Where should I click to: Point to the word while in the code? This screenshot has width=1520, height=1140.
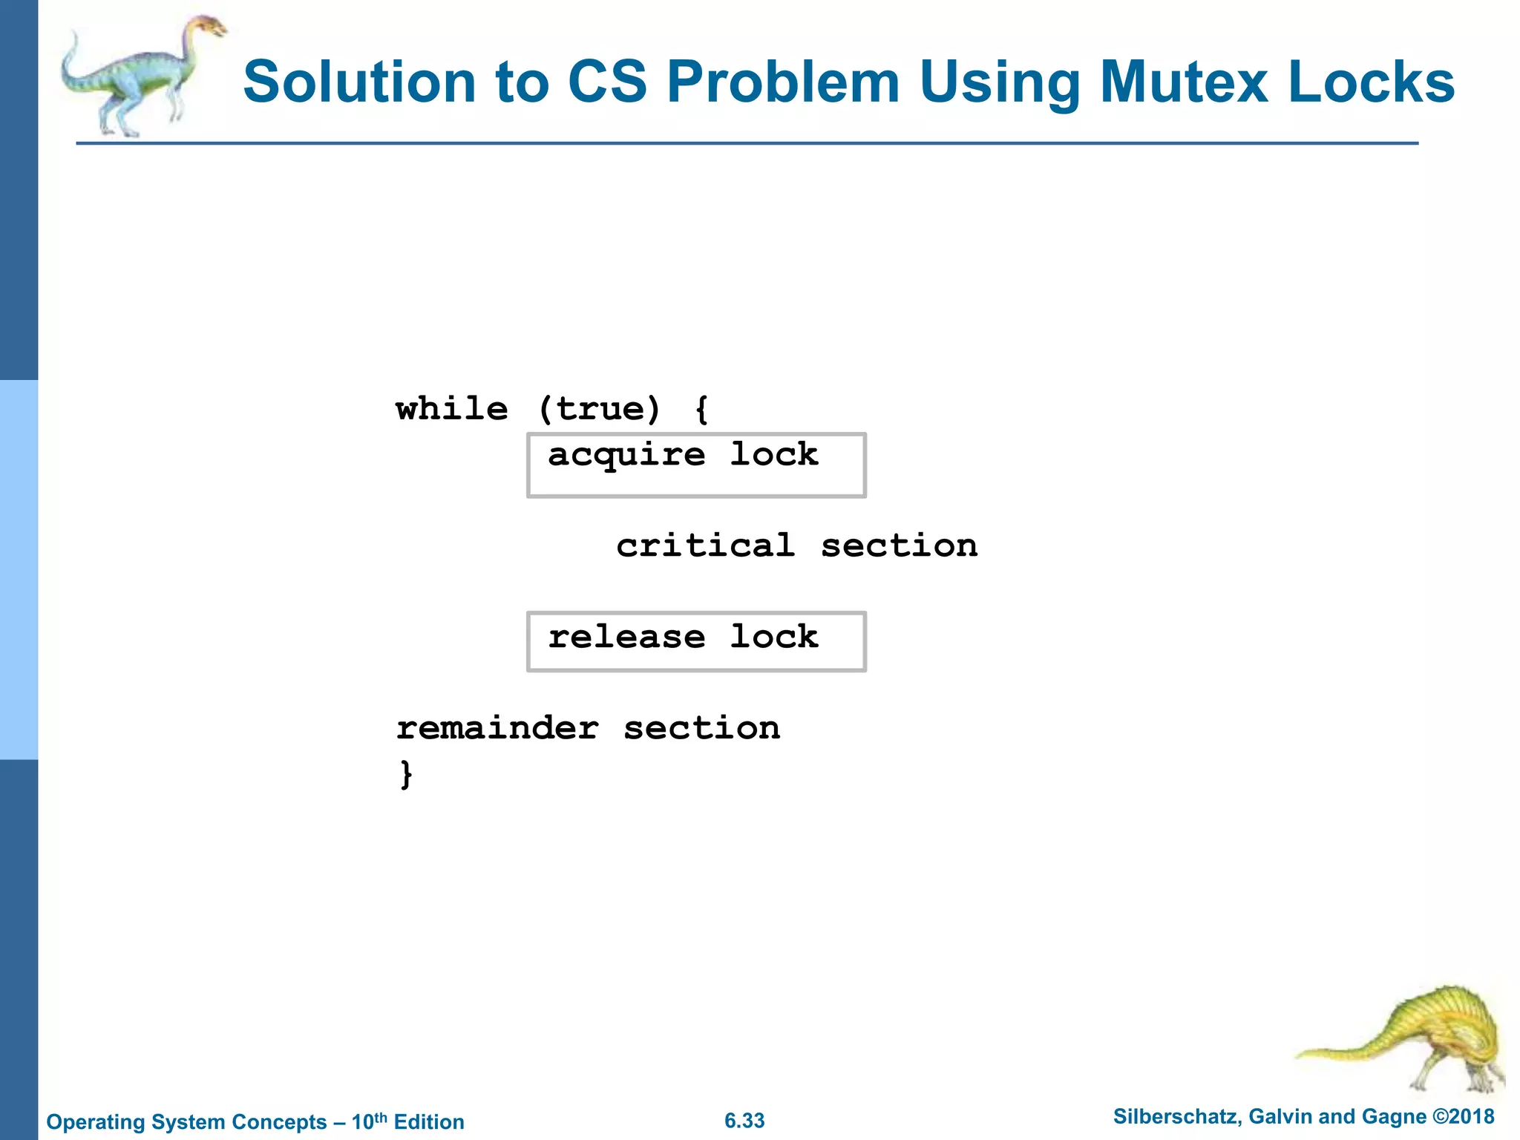click(x=452, y=409)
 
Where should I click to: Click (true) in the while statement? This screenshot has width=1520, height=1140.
click(x=599, y=409)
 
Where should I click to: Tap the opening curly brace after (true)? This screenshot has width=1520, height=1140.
click(x=701, y=409)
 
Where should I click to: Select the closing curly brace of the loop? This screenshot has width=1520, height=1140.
click(x=406, y=774)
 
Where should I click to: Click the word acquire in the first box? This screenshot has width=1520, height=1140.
click(x=626, y=455)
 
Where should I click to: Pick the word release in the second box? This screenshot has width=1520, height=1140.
click(x=626, y=637)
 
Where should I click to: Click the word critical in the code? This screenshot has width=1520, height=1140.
click(x=705, y=546)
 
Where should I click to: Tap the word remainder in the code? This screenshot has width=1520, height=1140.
click(x=497, y=728)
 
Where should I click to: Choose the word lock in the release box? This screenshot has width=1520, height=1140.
click(x=774, y=637)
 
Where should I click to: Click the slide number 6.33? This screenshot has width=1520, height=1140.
click(x=744, y=1121)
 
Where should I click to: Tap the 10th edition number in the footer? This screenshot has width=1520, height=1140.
click(x=369, y=1121)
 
